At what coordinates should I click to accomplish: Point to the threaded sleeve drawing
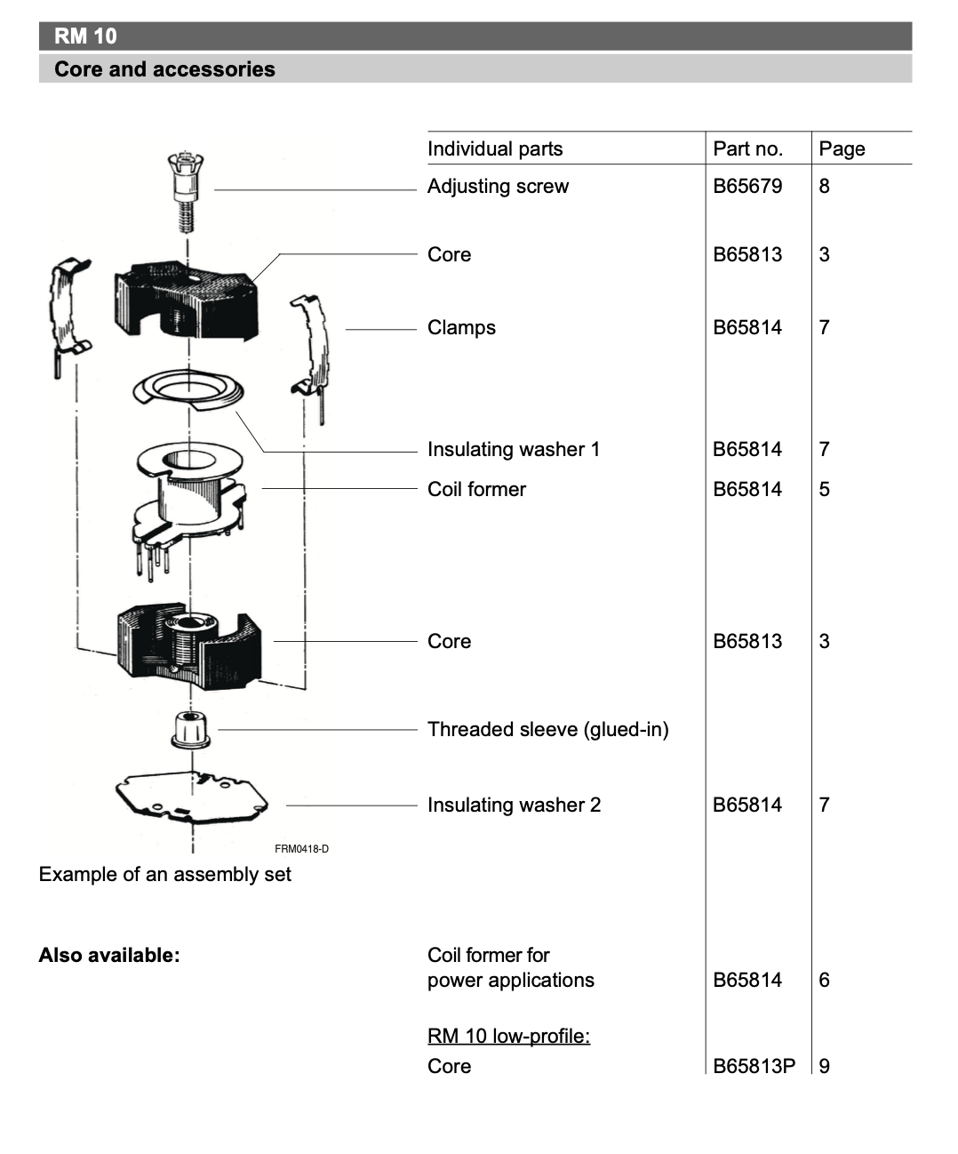click(x=191, y=729)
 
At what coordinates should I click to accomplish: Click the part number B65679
click(x=747, y=186)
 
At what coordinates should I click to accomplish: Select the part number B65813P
click(x=754, y=1065)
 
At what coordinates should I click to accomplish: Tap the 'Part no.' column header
click(x=747, y=148)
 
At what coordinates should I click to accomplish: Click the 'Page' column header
click(x=842, y=148)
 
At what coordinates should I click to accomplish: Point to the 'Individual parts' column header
click(x=495, y=148)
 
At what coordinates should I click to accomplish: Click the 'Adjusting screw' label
click(x=498, y=186)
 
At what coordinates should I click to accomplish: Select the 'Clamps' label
click(x=461, y=327)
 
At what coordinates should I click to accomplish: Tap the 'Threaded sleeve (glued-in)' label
click(x=547, y=729)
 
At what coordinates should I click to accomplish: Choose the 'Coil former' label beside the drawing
click(x=476, y=489)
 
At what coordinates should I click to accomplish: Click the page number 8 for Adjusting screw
click(x=824, y=186)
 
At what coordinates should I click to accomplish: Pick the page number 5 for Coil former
click(x=824, y=489)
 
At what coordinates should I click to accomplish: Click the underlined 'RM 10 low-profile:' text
click(x=508, y=1036)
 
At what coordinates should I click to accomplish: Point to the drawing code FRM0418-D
click(x=301, y=849)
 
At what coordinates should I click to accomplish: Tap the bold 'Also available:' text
click(x=109, y=955)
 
